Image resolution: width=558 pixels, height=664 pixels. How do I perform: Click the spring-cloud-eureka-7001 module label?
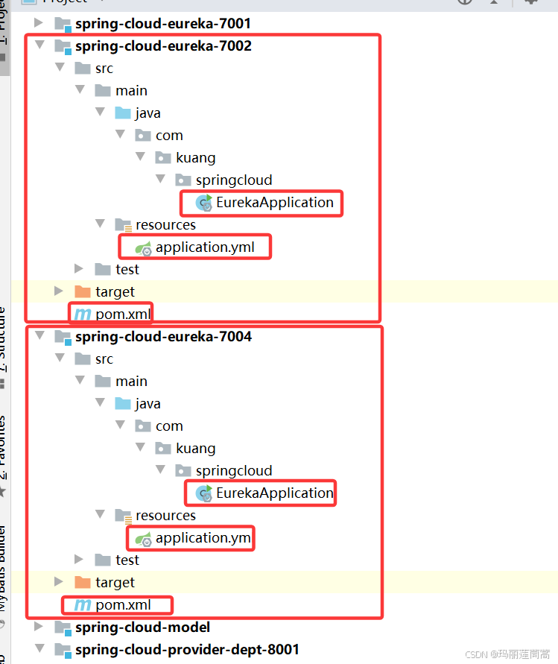[162, 24]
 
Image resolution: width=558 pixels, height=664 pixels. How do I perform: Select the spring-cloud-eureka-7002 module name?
[162, 46]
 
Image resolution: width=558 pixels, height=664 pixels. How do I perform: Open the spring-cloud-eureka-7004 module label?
[162, 337]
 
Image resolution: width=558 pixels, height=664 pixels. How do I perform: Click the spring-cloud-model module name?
[142, 627]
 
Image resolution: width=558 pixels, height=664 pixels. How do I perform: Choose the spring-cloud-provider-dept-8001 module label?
[186, 650]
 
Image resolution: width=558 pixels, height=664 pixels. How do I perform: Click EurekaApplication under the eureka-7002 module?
[274, 203]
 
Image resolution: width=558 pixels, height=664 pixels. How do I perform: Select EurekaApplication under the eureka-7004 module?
[274, 493]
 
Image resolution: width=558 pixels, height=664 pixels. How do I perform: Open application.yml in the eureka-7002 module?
[204, 247]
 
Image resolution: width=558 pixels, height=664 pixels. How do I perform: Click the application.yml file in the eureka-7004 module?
[203, 538]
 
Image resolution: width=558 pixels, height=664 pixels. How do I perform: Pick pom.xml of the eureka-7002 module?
[122, 314]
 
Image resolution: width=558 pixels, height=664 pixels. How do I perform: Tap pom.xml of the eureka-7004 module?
[122, 605]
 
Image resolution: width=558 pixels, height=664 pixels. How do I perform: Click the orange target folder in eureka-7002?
[83, 292]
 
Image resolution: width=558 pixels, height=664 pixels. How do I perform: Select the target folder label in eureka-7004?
[115, 583]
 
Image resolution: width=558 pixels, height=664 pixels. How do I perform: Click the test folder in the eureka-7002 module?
[127, 270]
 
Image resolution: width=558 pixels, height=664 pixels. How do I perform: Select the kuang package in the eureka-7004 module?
[195, 449]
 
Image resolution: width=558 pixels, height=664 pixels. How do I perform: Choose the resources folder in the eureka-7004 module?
[165, 516]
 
